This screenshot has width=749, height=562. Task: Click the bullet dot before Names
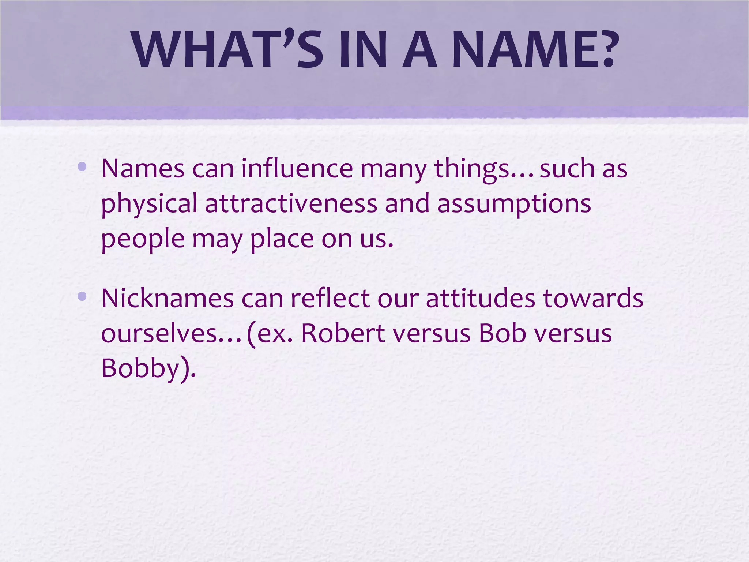[82, 167]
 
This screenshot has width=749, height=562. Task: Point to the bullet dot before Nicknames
[82, 296]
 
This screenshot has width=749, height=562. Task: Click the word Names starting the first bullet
[143, 169]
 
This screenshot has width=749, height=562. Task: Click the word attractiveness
[291, 204]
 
